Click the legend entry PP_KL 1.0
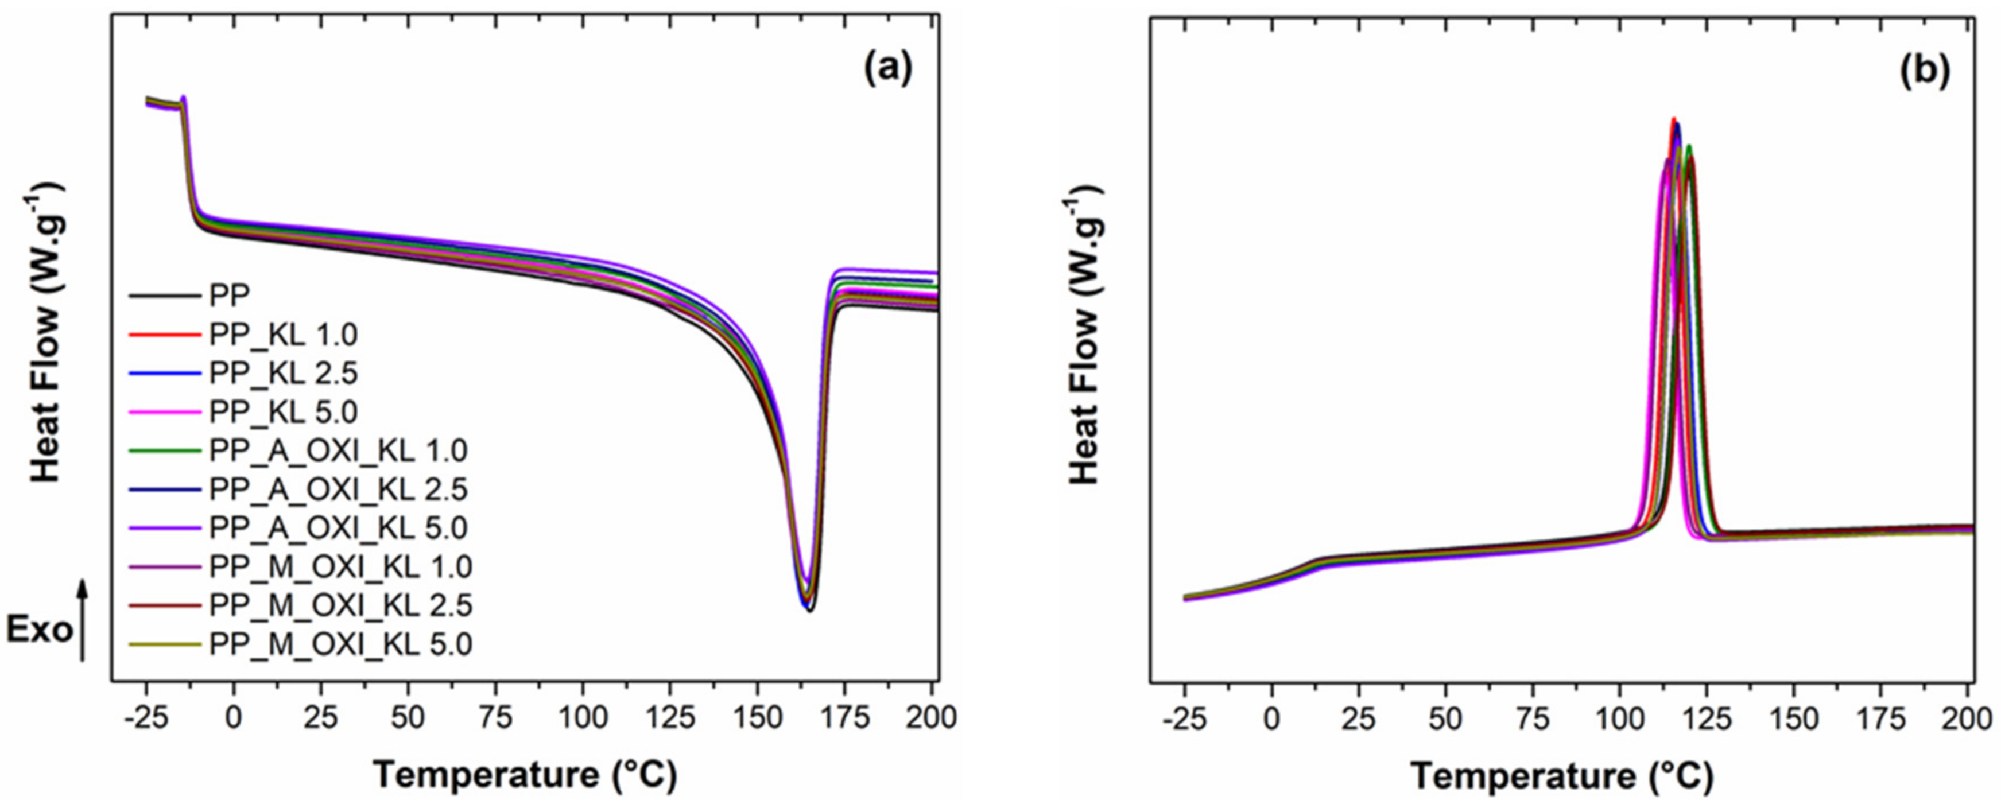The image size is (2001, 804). [283, 336]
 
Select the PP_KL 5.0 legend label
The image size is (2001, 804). [283, 413]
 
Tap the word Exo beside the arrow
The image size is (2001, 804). [39, 631]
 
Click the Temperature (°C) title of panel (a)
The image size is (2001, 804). [525, 777]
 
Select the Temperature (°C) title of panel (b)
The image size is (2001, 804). [1561, 777]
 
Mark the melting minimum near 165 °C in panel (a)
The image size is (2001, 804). [809, 610]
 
